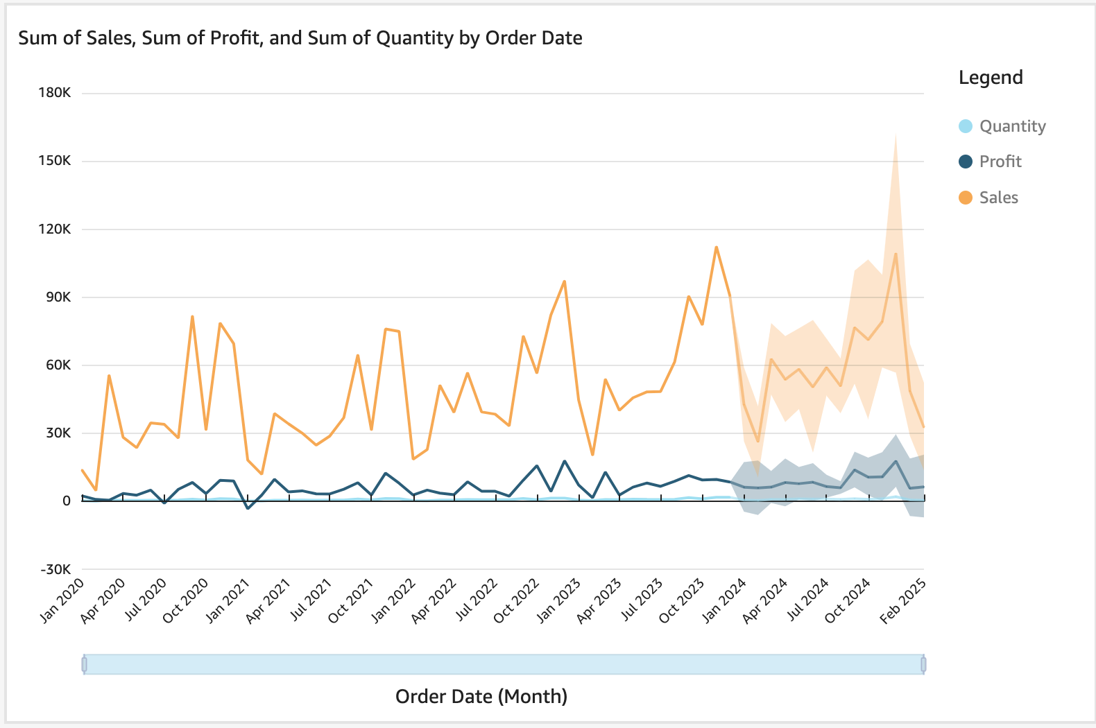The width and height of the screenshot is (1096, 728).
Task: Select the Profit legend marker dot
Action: click(x=966, y=162)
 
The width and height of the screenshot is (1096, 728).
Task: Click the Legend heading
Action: click(x=990, y=78)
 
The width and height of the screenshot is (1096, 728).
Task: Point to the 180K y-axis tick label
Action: click(x=55, y=93)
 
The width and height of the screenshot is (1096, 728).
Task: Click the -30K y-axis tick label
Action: click(x=55, y=569)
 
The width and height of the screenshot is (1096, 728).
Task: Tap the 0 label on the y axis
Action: click(x=67, y=501)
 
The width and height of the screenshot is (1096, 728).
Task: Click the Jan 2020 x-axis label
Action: click(x=62, y=600)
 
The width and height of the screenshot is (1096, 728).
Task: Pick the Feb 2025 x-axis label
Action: click(x=902, y=600)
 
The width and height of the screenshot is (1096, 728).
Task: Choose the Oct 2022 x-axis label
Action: click(x=517, y=600)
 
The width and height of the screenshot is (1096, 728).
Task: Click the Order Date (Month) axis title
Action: click(x=481, y=696)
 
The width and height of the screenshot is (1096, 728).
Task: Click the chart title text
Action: click(x=300, y=38)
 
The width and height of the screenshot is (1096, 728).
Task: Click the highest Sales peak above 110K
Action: click(x=716, y=247)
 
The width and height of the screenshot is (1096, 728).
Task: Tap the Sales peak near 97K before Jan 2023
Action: click(x=565, y=281)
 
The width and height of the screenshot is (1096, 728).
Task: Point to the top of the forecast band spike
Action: click(x=896, y=134)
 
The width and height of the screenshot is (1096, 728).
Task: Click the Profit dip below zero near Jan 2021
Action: click(x=248, y=508)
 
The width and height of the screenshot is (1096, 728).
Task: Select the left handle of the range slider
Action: click(x=84, y=664)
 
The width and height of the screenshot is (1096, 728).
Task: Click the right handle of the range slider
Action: click(x=923, y=664)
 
